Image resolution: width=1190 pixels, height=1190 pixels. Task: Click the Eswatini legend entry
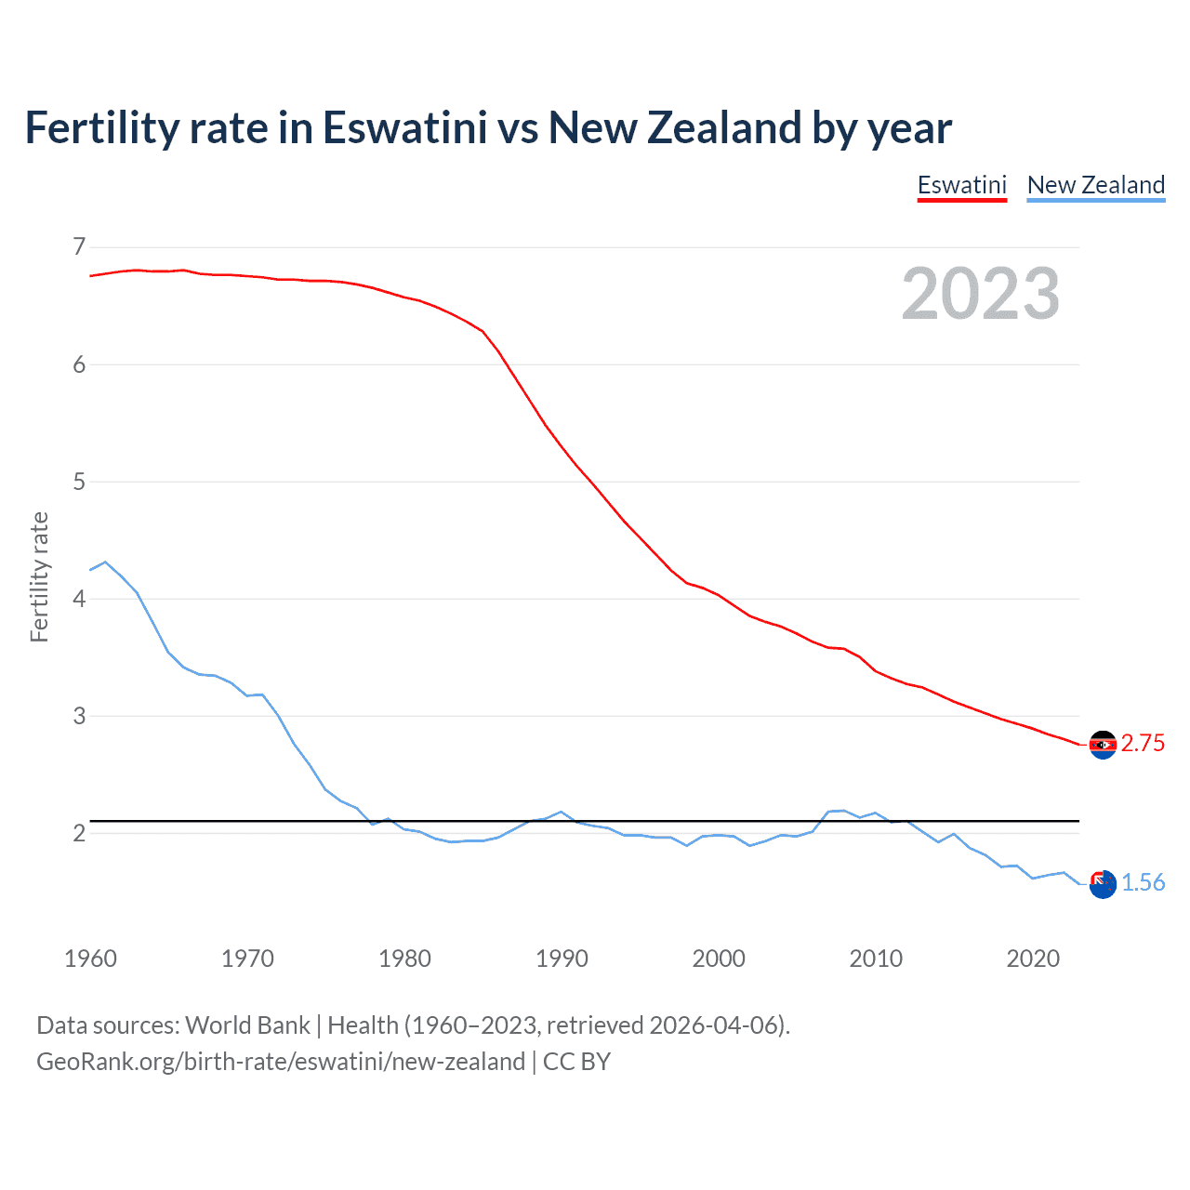pos(961,185)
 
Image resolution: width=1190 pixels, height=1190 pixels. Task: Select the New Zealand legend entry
pos(1095,185)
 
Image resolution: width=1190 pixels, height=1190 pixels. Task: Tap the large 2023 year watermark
pos(980,294)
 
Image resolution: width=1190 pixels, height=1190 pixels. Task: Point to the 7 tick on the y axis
pos(79,246)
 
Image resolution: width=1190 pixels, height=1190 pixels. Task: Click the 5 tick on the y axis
pos(79,482)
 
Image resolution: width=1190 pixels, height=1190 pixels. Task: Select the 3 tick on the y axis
pos(79,716)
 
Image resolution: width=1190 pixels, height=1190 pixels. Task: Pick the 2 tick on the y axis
pos(79,833)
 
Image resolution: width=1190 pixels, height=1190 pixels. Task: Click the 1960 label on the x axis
pos(90,959)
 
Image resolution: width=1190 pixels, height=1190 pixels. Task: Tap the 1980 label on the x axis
pos(404,959)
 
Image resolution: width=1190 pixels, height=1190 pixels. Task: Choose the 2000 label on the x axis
pos(719,959)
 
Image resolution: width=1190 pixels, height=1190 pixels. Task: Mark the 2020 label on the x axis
pos(1033,959)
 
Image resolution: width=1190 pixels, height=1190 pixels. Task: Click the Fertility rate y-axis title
pos(39,576)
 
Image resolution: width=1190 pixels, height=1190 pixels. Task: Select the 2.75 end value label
pos(1143,744)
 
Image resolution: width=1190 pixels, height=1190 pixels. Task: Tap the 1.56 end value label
pos(1143,883)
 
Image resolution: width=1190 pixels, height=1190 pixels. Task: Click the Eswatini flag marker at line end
pos(1103,745)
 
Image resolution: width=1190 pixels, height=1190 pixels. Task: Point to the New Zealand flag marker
pos(1103,884)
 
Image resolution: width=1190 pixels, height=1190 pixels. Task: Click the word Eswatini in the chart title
pos(404,128)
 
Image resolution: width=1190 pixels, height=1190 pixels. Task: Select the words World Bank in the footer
pos(247,1025)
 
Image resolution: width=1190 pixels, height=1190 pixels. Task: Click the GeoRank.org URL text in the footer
pos(281,1062)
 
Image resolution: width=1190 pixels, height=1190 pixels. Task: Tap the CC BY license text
pos(576,1062)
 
